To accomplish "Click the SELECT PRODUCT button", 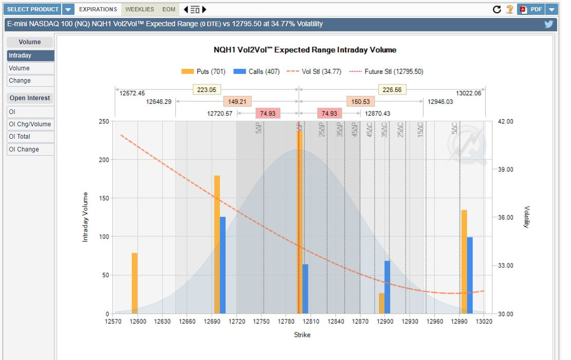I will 33,9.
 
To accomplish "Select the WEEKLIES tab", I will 139,9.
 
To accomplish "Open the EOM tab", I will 169,9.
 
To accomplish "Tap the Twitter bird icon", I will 548,24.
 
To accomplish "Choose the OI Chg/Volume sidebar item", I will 30,124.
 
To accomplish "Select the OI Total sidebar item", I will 30,137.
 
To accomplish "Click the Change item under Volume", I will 30,81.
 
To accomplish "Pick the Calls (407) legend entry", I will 256,71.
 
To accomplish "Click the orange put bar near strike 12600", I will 135,283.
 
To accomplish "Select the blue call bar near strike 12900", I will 387,287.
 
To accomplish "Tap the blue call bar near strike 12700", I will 223,265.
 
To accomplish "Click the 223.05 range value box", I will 206,89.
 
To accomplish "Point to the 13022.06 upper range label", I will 468,93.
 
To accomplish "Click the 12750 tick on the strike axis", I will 262,321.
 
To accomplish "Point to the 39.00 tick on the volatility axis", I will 506,169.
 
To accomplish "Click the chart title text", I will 305,50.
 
